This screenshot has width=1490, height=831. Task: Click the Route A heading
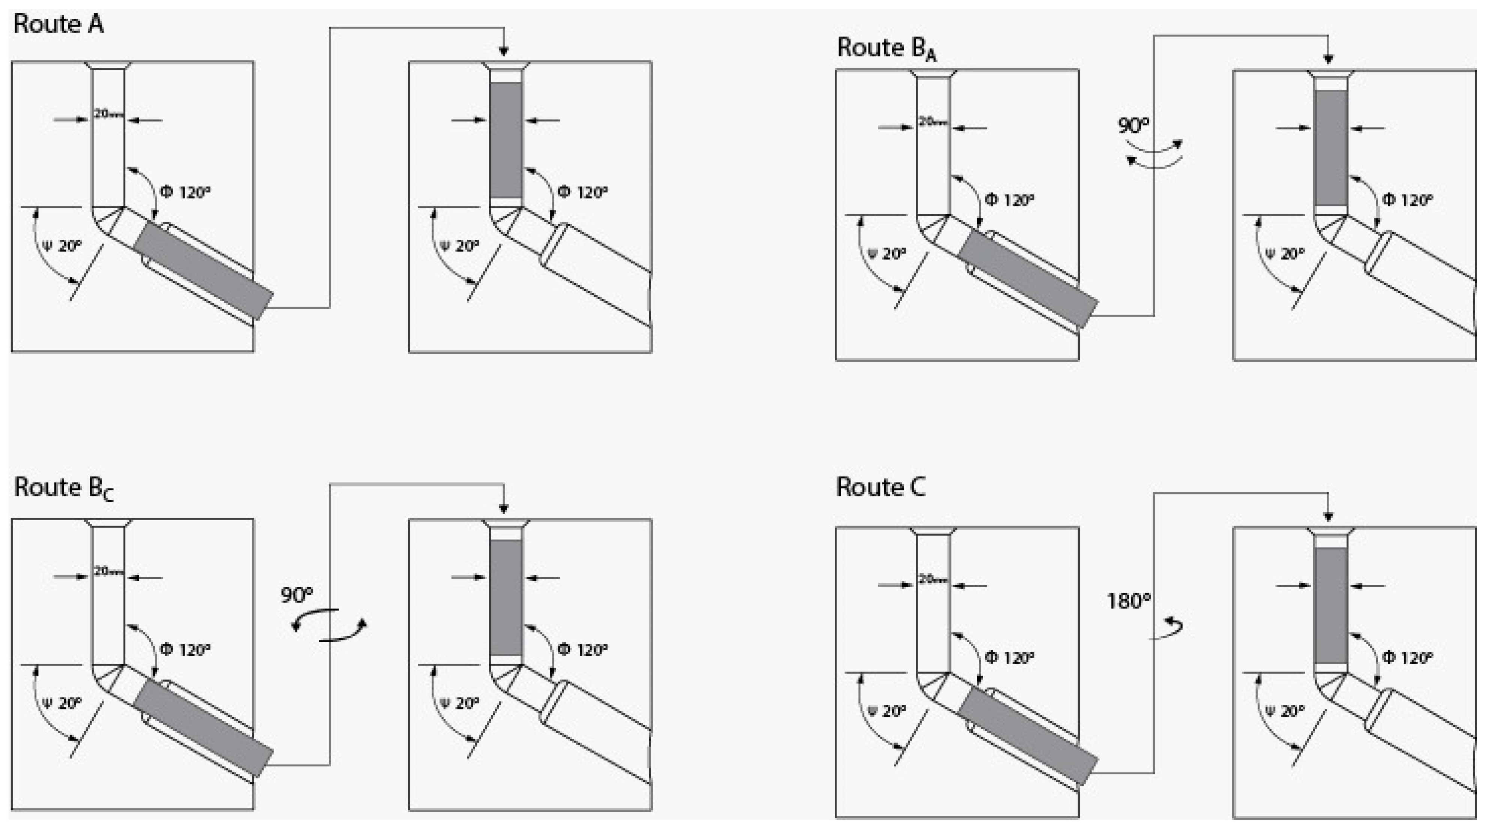[x=58, y=24]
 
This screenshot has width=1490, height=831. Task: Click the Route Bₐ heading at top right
[x=885, y=48]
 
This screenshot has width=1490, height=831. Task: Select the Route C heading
[x=880, y=487]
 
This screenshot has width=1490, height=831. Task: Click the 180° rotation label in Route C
[x=1128, y=601]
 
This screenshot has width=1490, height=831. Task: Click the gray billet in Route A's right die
[x=506, y=140]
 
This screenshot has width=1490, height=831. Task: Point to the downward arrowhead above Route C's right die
[x=1328, y=516]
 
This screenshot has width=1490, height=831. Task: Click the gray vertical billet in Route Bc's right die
[x=506, y=597]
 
